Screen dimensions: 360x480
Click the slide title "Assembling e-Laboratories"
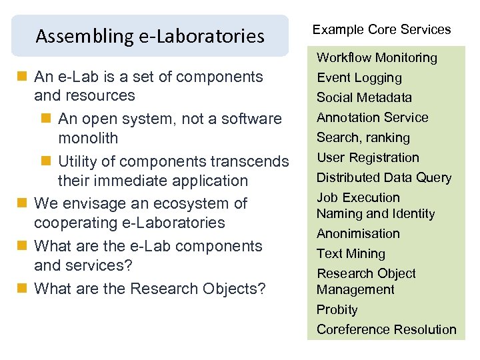click(150, 35)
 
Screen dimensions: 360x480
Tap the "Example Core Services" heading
click(382, 29)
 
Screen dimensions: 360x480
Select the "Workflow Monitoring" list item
click(377, 58)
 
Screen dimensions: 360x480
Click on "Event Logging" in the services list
click(359, 78)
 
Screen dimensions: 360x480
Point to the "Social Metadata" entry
click(364, 98)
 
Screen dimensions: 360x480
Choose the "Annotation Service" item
click(372, 118)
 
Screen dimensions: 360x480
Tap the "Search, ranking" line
click(363, 138)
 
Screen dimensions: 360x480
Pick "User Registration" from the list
click(368, 158)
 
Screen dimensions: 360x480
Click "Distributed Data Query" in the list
click(384, 178)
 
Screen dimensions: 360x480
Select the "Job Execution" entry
click(358, 198)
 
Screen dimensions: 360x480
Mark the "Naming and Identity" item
click(375, 214)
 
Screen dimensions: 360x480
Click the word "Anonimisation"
click(358, 234)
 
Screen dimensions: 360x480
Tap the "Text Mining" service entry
click(351, 254)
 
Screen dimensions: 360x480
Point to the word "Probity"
click(337, 310)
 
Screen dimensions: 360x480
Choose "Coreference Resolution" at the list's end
click(387, 330)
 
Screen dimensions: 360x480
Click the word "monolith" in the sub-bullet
click(88, 139)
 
